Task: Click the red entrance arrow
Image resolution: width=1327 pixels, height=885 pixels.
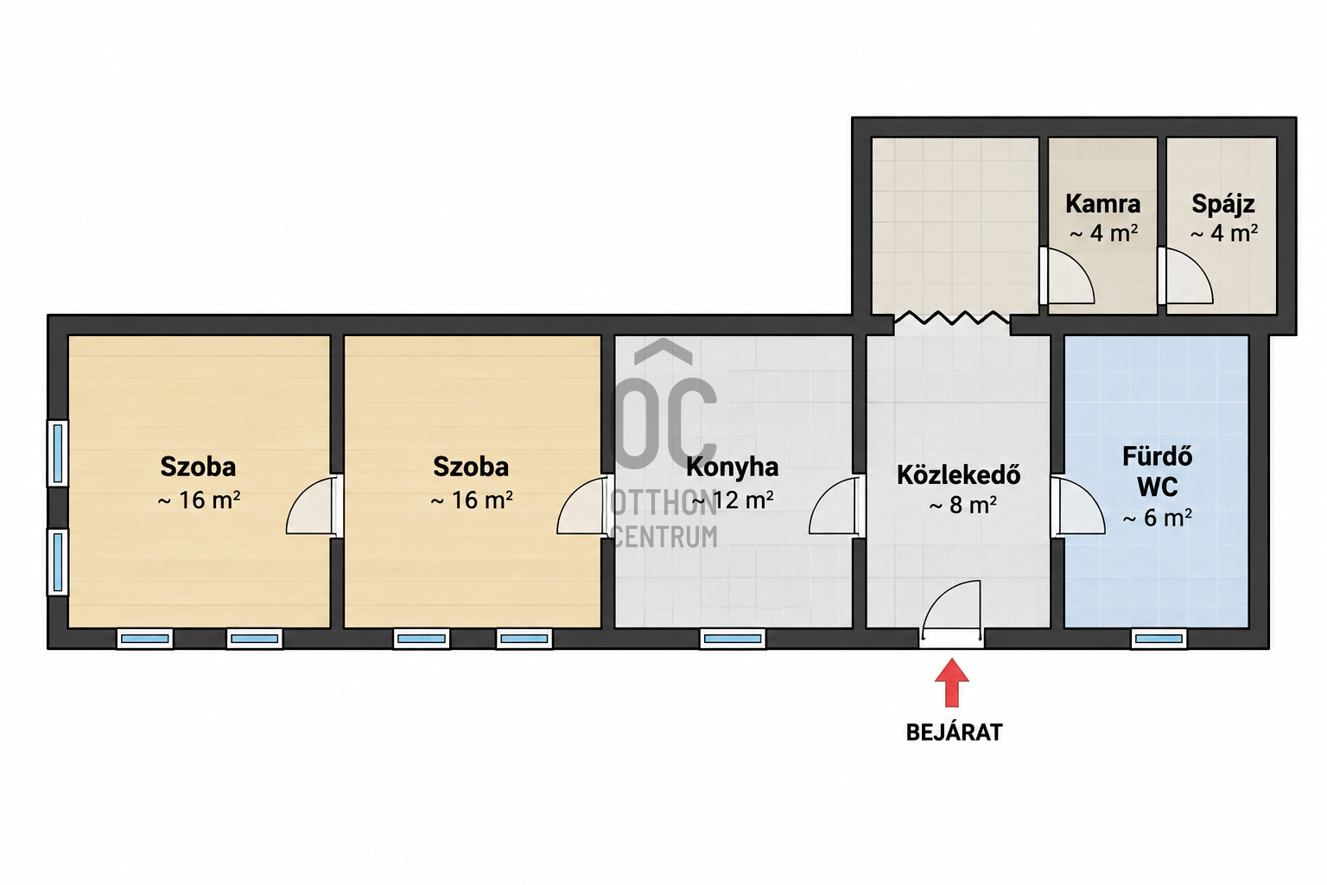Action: (951, 682)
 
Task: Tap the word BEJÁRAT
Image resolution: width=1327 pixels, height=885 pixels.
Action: (955, 733)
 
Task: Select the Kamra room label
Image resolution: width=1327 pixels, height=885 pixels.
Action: (1102, 204)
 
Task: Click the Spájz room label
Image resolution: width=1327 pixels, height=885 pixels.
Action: (1222, 204)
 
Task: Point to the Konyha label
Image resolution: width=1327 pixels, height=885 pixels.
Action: (733, 467)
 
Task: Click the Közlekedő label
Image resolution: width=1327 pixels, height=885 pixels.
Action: (958, 474)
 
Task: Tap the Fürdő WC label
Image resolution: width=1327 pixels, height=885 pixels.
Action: (1157, 472)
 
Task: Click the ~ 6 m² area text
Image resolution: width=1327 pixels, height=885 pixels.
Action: (1157, 518)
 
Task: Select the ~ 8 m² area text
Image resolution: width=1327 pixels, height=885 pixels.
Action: (962, 505)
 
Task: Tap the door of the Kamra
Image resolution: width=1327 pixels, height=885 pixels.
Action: (1067, 276)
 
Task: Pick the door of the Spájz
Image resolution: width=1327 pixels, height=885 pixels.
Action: (1185, 276)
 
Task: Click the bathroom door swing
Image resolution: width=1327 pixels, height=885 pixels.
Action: (1078, 506)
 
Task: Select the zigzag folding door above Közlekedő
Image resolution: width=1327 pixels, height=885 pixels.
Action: (951, 318)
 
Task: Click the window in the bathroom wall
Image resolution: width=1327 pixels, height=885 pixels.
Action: (1159, 639)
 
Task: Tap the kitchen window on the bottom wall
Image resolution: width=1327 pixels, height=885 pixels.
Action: (733, 639)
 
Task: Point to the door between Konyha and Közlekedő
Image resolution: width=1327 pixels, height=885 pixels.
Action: (836, 506)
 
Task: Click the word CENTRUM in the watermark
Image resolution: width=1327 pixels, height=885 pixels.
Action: (664, 537)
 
